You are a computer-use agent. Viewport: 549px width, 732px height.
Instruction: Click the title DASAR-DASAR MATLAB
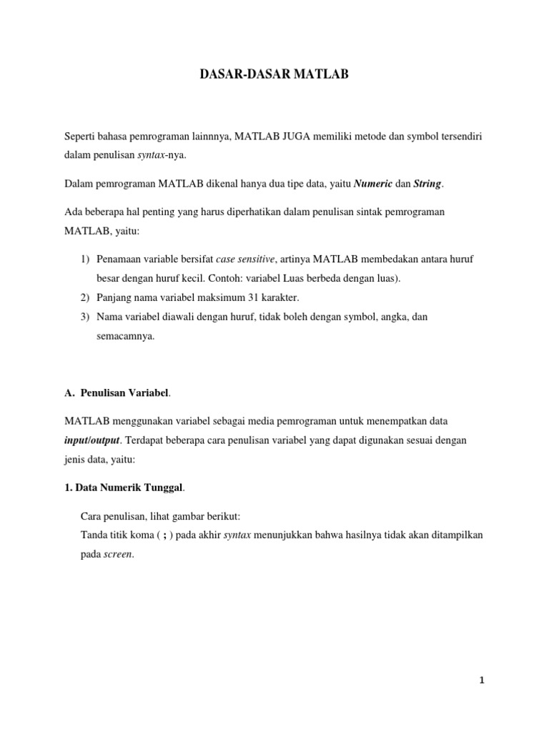point(274,73)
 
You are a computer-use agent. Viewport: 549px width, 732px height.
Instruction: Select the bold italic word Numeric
point(373,184)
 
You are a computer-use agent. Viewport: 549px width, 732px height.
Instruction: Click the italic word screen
point(119,554)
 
